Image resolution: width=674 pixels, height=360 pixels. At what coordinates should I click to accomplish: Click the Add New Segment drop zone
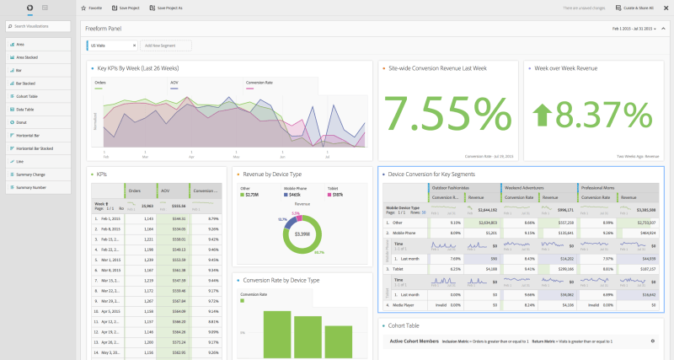point(164,45)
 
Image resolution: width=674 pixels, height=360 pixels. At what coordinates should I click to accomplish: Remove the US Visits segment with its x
point(133,45)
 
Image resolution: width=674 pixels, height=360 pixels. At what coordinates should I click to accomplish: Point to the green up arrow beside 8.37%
point(543,116)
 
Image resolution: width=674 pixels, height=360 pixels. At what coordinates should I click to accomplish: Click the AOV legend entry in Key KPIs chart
point(174,83)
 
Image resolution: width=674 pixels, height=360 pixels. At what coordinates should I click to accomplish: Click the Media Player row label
point(406,305)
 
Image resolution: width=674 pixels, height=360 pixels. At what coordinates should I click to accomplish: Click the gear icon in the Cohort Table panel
point(653,341)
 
